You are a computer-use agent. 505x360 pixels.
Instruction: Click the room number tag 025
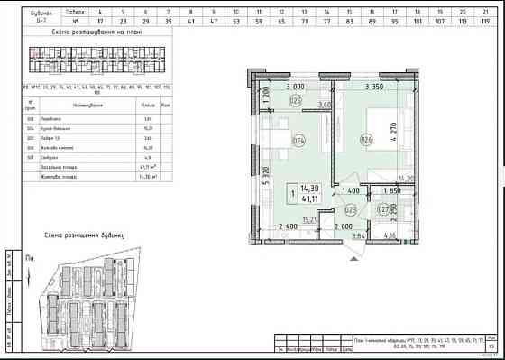click(x=295, y=101)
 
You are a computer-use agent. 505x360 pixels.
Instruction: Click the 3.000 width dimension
click(x=294, y=88)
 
